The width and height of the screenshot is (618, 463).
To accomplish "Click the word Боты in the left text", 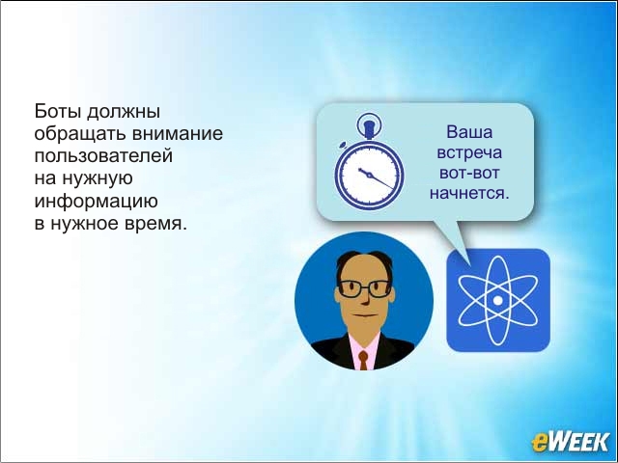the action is [58, 111].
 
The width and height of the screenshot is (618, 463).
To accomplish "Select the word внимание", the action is [177, 134].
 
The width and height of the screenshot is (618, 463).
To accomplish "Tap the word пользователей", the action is [103, 156].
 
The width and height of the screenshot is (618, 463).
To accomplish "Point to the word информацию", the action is [96, 202].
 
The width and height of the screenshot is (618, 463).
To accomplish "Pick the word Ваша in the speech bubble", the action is [469, 132].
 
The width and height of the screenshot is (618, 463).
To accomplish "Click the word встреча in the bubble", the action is [469, 152].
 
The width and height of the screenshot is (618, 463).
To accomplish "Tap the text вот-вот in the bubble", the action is [469, 173].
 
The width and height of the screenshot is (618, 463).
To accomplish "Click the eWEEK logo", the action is [570, 442].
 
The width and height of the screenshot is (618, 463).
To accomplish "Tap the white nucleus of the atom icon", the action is [498, 301].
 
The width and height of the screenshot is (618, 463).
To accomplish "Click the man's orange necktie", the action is [363, 360].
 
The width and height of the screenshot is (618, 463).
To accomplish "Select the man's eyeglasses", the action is [364, 289].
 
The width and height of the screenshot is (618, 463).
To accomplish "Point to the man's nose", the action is [366, 298].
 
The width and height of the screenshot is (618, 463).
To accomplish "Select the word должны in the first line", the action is [124, 112].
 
